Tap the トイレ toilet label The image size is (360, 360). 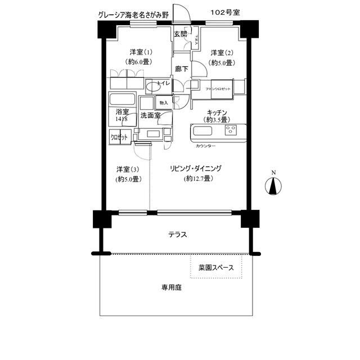164,84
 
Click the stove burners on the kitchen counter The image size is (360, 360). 231,130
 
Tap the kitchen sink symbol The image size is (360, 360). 202,134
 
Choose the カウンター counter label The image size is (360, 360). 206,146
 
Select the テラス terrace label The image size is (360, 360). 177,235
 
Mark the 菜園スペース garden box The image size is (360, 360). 216,267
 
